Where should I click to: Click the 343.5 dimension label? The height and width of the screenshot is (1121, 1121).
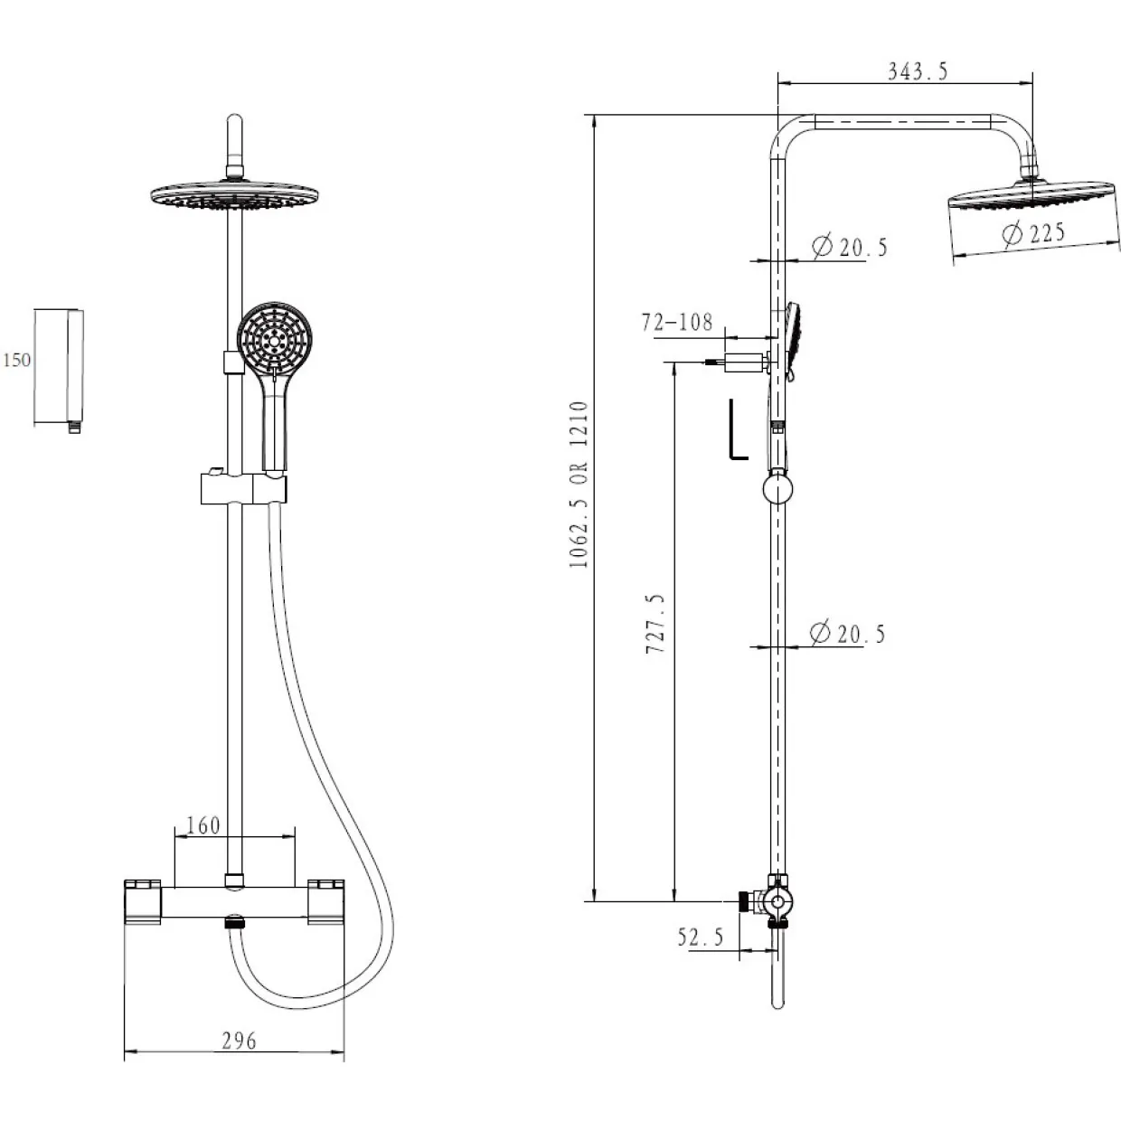pos(918,71)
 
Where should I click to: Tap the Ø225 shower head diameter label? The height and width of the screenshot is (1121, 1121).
pos(1033,233)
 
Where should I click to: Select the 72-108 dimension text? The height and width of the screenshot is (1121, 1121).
pos(676,322)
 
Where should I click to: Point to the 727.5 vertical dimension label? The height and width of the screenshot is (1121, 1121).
pos(655,624)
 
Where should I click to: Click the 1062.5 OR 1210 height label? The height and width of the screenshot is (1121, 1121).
pos(579,485)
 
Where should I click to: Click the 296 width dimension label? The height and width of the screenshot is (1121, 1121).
pos(239,1041)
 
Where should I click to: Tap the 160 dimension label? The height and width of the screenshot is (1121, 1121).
pos(203,824)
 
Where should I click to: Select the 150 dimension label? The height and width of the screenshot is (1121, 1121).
pos(17,360)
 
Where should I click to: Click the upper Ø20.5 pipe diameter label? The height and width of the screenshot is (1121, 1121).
pos(849,247)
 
